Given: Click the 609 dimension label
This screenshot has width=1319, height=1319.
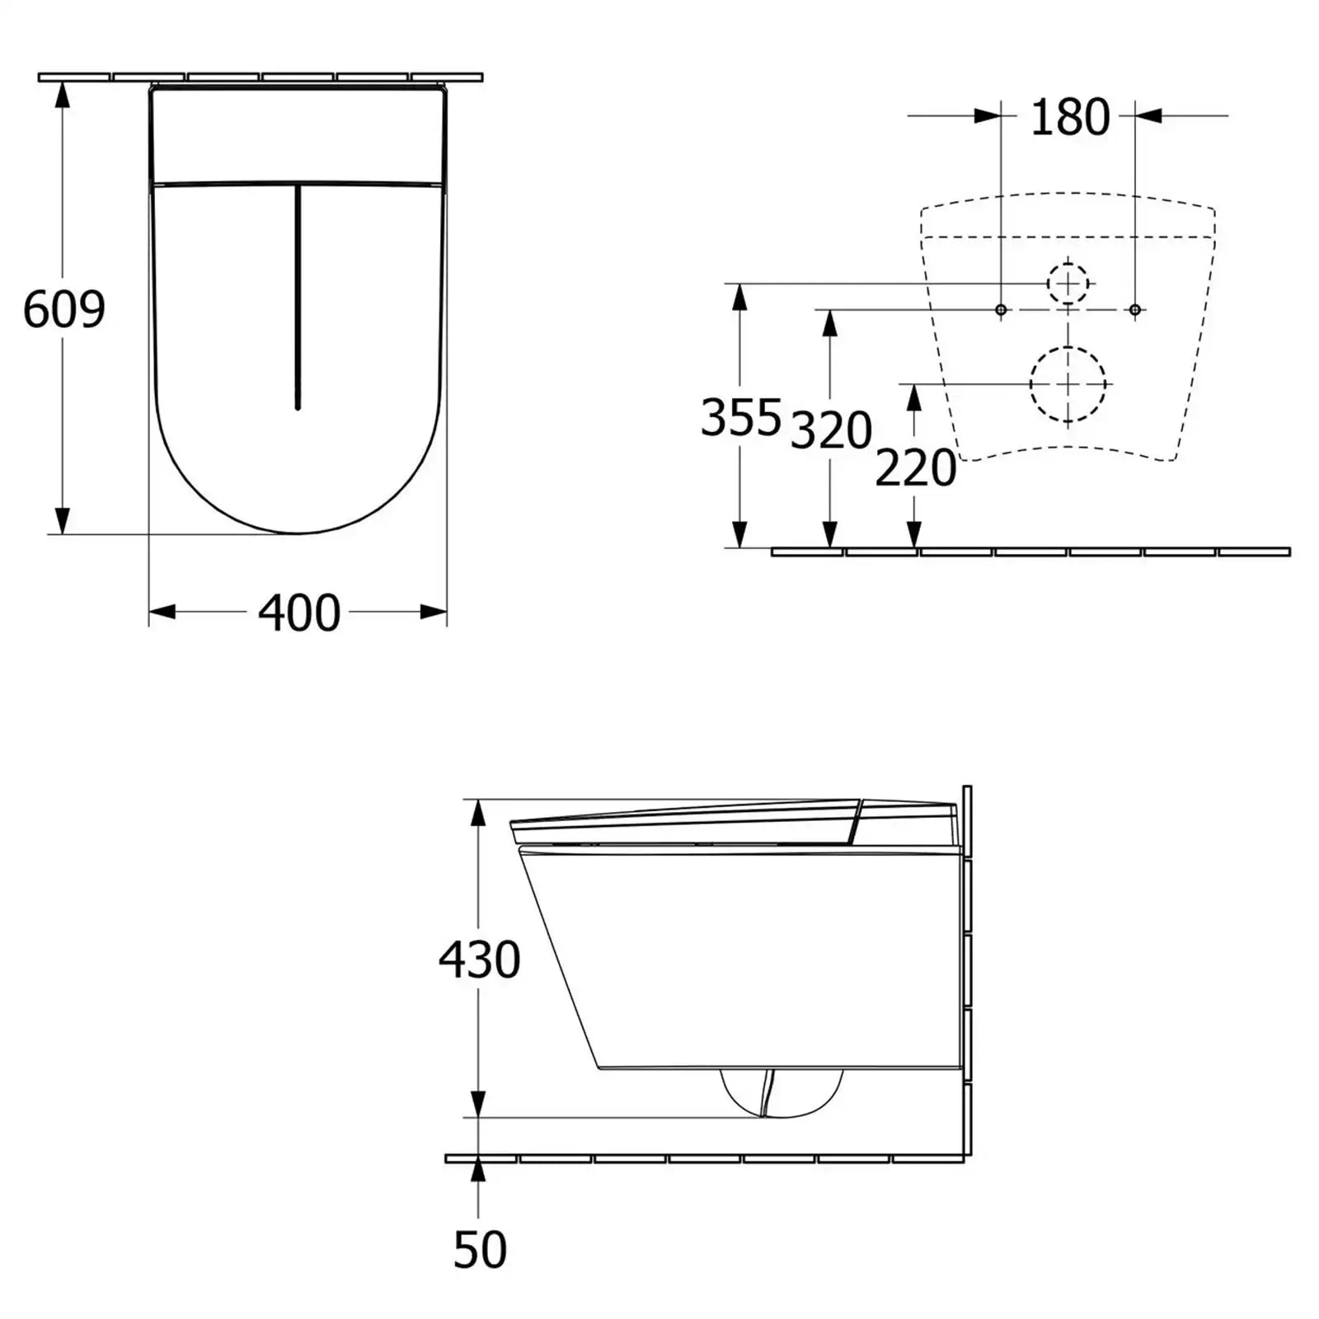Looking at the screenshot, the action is point(64,309).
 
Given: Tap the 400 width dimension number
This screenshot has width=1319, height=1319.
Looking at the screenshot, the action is point(299,613).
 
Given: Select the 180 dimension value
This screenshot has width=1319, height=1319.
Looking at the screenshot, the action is point(1070,117).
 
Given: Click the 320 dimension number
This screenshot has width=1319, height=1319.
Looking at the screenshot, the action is point(831,429).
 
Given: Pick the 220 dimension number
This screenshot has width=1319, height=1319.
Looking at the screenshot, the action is point(915,467).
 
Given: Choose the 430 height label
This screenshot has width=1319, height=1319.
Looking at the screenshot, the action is point(479,959).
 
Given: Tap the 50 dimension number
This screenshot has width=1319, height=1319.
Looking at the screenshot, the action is point(480,1249).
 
